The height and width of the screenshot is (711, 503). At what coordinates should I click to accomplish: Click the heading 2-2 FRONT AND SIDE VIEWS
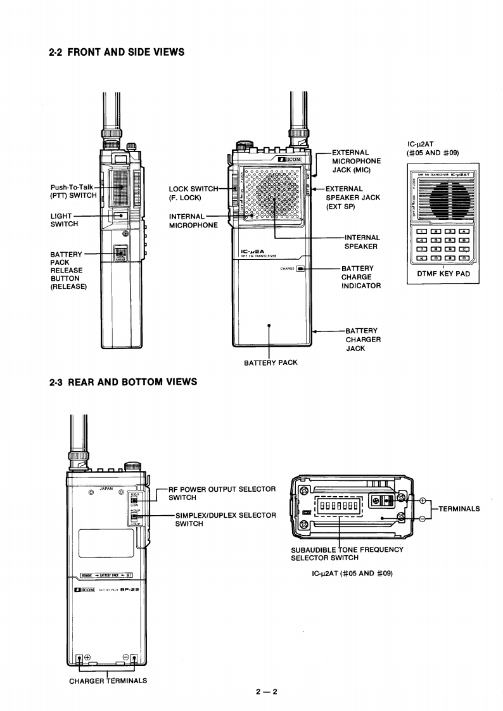tap(117, 52)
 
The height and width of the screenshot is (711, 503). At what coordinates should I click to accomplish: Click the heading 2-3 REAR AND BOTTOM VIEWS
tap(123, 381)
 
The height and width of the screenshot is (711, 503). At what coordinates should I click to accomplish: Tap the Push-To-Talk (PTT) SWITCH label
tap(73, 191)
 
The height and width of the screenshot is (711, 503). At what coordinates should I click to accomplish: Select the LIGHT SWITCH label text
tap(64, 220)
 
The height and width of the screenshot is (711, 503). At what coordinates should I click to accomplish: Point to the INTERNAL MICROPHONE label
tap(193, 221)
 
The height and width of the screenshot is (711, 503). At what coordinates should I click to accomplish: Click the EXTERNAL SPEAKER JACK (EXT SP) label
tap(352, 198)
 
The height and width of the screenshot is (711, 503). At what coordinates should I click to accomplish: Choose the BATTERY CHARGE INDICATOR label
tap(360, 277)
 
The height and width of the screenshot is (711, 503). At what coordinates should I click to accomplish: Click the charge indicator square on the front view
tap(300, 269)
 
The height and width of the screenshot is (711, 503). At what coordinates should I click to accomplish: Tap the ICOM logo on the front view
tap(288, 160)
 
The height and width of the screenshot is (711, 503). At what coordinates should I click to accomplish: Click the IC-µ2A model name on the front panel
tap(251, 252)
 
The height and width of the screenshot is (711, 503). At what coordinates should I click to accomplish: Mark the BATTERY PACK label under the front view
tap(271, 362)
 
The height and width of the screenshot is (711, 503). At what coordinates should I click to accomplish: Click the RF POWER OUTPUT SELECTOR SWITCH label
tap(222, 493)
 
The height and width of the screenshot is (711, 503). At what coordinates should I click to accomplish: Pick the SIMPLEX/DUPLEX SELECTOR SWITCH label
tap(225, 519)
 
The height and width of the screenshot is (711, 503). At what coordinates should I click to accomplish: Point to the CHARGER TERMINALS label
tap(108, 681)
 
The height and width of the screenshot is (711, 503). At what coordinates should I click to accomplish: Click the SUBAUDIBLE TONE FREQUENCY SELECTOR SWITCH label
tap(347, 553)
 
